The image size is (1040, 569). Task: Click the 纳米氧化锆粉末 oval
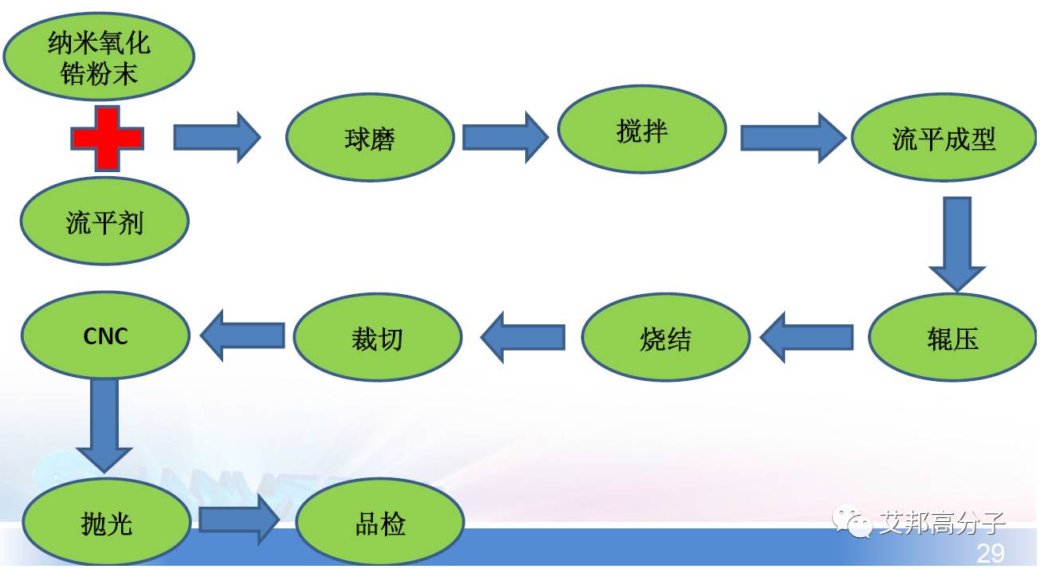99,57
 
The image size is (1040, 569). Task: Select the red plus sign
108,139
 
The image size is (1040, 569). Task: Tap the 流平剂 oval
104,222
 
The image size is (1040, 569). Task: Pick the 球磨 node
370,139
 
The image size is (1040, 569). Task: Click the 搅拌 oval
642,130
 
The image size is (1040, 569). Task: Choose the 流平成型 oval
944,139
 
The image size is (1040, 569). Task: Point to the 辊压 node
952,339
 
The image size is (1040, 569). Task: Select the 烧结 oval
665,338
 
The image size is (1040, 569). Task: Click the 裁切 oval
377,338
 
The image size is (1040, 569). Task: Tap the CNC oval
105,336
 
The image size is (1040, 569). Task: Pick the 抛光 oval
106,524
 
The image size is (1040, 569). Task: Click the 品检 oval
380,524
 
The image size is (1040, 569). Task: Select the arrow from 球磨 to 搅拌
505,137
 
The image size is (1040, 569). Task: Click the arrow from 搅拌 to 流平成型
791,137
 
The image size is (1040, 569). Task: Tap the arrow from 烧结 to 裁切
523,337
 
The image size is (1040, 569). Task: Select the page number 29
990,553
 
